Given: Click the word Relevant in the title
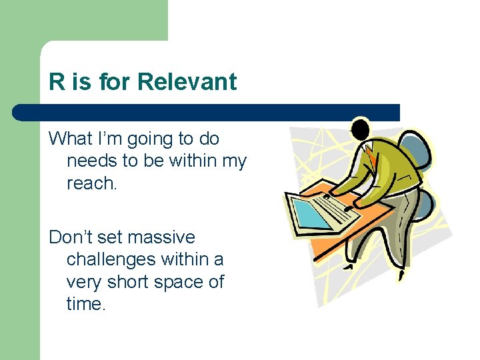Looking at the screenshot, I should coord(187,82).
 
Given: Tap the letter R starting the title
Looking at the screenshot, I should coord(56,82).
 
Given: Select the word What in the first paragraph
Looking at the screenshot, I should coord(70,139).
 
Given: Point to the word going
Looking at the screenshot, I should coord(149,140).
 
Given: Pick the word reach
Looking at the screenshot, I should coord(91,183).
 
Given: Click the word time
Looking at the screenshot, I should coord(86,304).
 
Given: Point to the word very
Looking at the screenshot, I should coord(83,283).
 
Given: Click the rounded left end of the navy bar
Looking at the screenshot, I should coord(20,112).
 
